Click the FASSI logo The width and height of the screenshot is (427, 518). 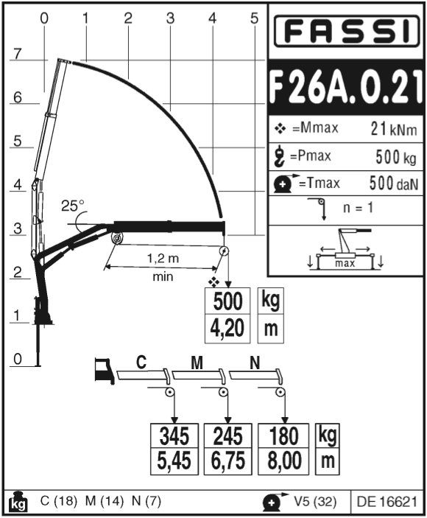point(346,31)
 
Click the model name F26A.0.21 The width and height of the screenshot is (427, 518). point(346,87)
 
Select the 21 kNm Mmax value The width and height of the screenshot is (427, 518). point(394,129)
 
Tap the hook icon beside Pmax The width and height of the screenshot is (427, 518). point(280,155)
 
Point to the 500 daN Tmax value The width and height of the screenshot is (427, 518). point(394,183)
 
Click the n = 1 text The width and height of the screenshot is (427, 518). point(358,208)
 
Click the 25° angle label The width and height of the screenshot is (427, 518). point(73,206)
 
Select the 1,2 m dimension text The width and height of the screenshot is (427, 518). point(163,258)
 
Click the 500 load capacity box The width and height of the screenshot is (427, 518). point(227,301)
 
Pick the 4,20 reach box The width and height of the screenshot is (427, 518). point(227,329)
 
